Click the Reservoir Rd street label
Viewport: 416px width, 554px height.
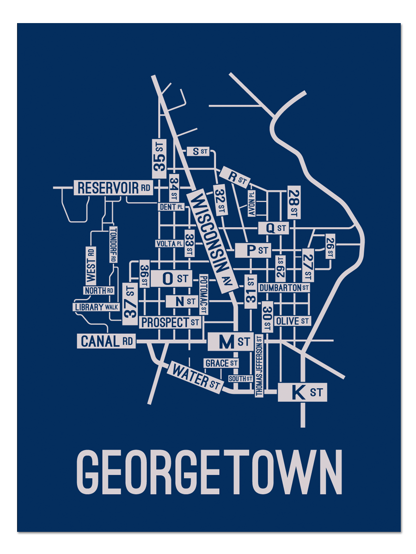point(114,188)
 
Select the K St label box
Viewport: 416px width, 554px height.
point(302,393)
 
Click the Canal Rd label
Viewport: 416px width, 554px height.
point(106,341)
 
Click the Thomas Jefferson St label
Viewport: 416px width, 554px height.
point(259,366)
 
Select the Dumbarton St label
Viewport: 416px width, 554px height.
point(284,288)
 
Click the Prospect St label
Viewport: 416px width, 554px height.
point(171,322)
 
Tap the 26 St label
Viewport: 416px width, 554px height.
point(330,247)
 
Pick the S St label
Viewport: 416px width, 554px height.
point(198,151)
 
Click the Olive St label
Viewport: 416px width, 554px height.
point(293,321)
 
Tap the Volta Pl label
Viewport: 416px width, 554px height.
point(169,243)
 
